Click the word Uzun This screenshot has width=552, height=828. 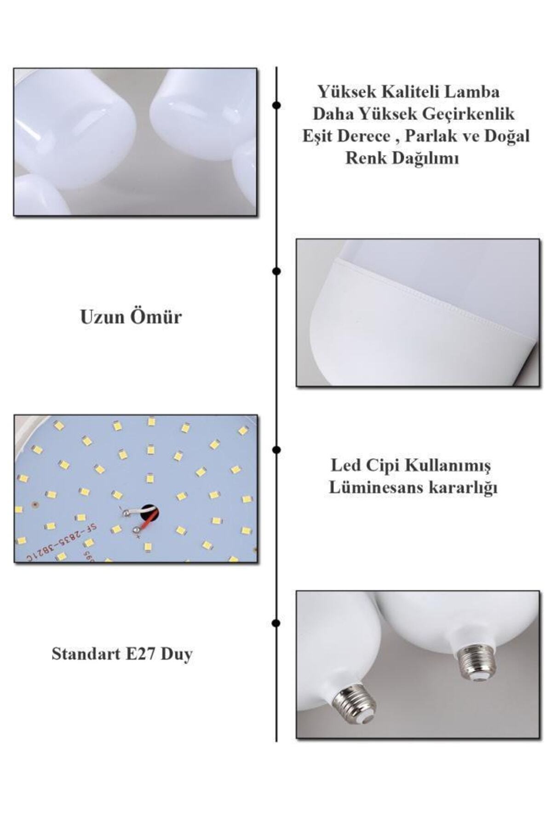[102, 317]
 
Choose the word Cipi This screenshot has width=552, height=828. [383, 466]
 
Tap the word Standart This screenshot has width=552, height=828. [86, 654]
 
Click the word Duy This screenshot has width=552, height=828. [177, 654]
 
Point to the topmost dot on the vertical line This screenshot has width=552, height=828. [276, 105]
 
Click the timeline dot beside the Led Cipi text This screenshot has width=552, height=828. [276, 449]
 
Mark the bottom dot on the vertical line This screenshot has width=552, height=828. [276, 623]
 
